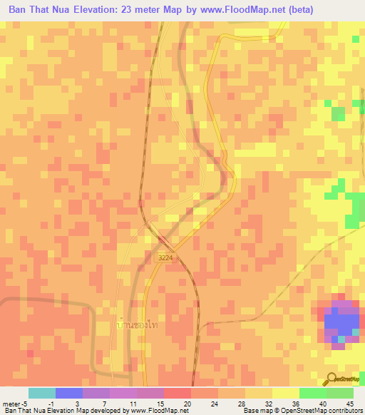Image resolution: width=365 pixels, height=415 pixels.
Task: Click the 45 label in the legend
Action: click(349, 403)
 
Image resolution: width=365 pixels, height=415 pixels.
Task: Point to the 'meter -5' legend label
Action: click(15, 403)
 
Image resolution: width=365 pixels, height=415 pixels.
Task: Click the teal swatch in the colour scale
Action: click(42, 393)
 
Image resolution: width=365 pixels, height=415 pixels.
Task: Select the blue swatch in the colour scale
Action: click(69, 393)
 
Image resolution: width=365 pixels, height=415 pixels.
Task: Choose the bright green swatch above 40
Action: click(312, 393)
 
